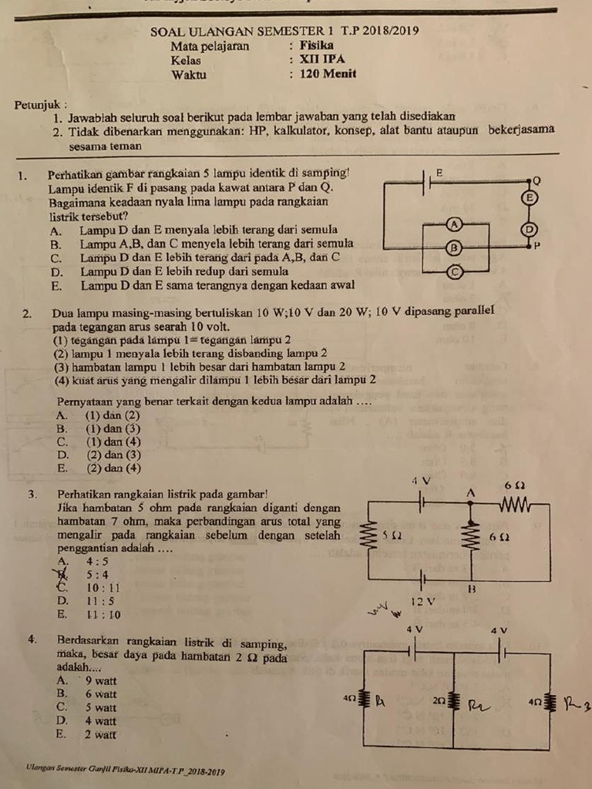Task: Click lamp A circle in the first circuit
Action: click(x=454, y=223)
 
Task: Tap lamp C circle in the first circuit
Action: click(x=455, y=272)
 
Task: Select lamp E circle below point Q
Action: click(x=528, y=198)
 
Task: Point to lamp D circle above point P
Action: click(x=529, y=229)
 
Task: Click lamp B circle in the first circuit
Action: click(x=454, y=247)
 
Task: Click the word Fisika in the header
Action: click(x=317, y=45)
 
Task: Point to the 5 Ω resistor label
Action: click(x=392, y=534)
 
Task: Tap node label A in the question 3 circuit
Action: click(x=471, y=491)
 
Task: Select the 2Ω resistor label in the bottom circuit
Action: click(x=439, y=700)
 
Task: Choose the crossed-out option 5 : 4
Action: click(x=97, y=574)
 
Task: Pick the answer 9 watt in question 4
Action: click(x=101, y=680)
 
